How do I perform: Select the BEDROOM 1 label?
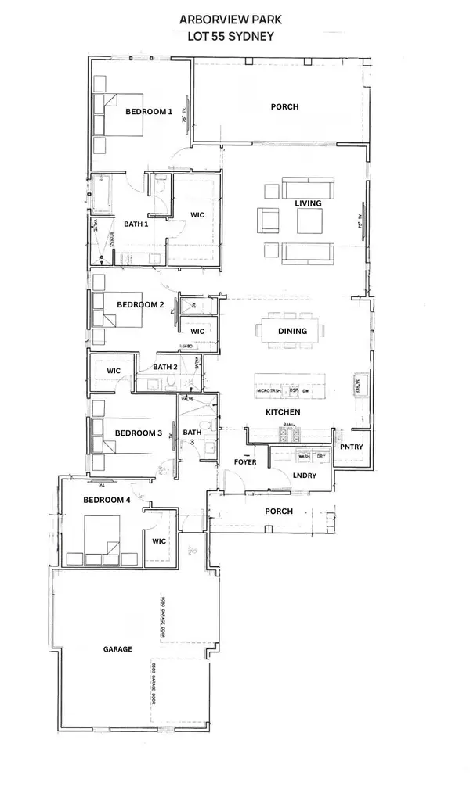(x=149, y=112)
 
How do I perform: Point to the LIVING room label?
(x=308, y=203)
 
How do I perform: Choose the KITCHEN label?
(x=283, y=411)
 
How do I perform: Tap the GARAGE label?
(x=117, y=649)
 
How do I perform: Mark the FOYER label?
(x=245, y=462)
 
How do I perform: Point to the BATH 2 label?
(x=165, y=366)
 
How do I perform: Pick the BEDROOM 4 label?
(x=107, y=501)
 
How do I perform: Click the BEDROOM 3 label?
(x=138, y=433)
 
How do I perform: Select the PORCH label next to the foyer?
(x=279, y=512)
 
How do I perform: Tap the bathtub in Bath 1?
(x=100, y=194)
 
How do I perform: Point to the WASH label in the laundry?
(x=304, y=456)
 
